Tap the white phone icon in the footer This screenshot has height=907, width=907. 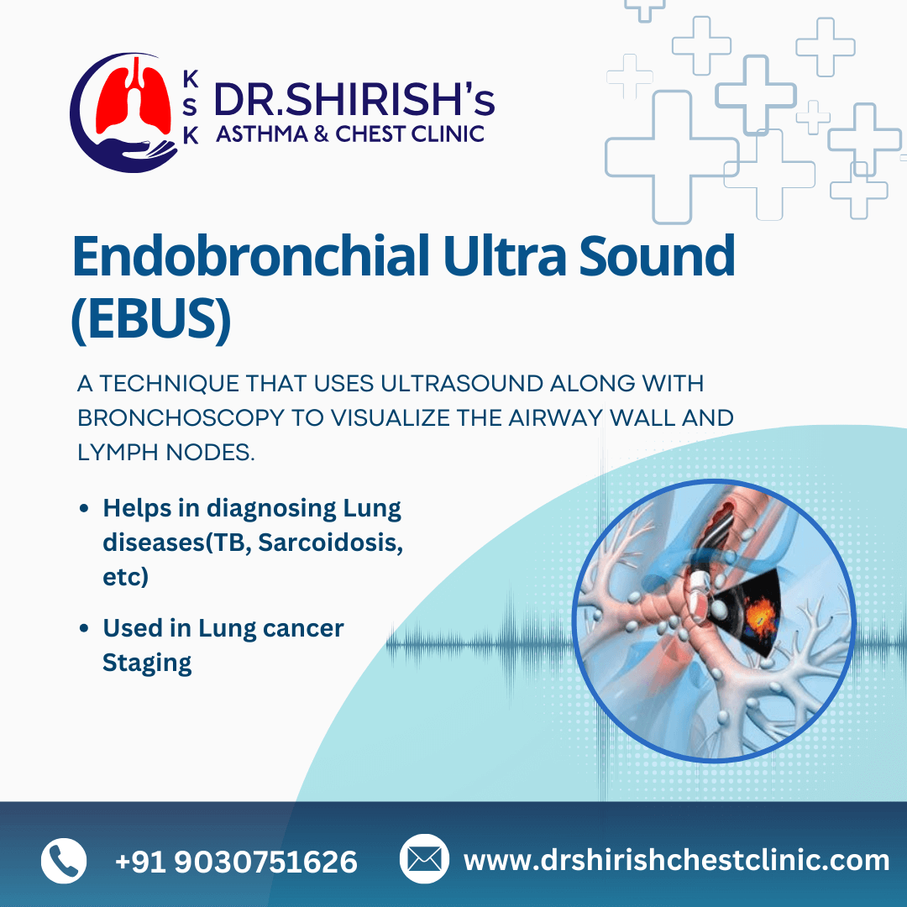click(x=64, y=860)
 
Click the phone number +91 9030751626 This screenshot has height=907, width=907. click(x=236, y=862)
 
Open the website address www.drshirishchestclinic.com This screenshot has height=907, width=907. click(x=676, y=860)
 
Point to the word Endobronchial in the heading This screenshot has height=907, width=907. click(x=250, y=255)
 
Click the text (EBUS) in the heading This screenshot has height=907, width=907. click(x=151, y=320)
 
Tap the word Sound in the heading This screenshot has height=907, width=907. click(x=657, y=255)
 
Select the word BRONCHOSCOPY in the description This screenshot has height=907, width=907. click(x=180, y=418)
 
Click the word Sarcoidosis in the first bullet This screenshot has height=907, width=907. click(x=330, y=543)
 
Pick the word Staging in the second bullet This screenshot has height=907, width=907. click(x=147, y=663)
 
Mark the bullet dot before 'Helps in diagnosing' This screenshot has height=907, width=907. click(x=85, y=508)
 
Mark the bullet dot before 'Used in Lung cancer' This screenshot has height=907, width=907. click(x=85, y=628)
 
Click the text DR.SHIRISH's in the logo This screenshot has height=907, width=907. click(x=354, y=99)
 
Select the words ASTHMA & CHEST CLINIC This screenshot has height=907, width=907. click(x=350, y=134)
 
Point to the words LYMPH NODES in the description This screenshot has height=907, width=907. click(x=166, y=453)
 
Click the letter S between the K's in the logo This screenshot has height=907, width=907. click(x=191, y=107)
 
